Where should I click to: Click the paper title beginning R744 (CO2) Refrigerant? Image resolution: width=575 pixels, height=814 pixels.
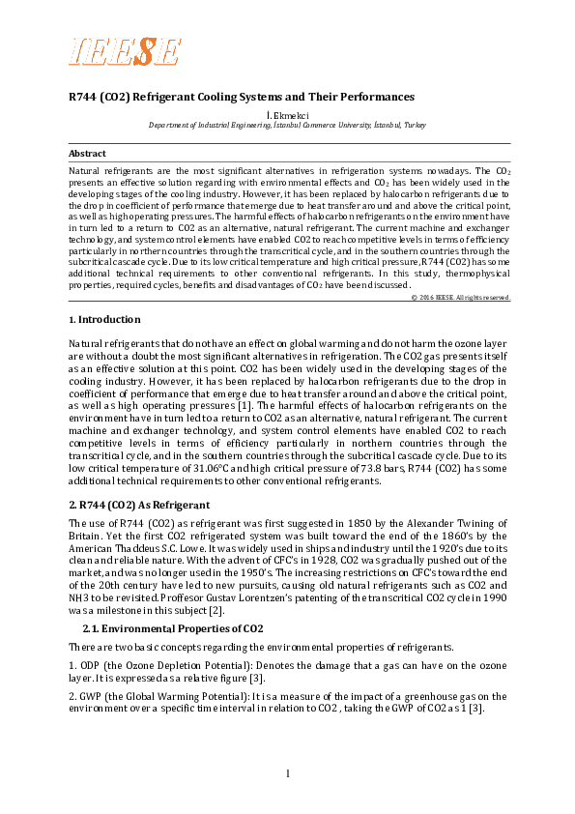click(241, 98)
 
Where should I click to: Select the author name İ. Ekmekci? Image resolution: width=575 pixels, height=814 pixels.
click(289, 115)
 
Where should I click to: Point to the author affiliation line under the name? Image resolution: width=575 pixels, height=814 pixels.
click(288, 126)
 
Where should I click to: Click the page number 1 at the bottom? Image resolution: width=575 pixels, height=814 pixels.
click(288, 772)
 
